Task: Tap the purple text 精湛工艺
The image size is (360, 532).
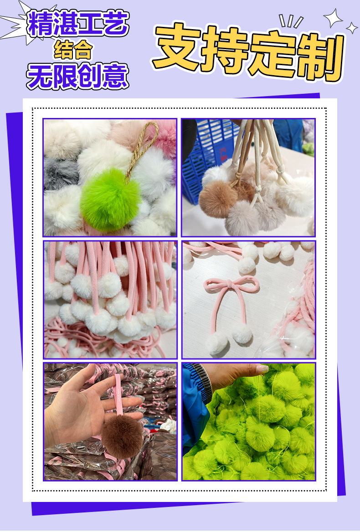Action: click(78, 24)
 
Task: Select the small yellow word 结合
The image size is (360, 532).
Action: click(73, 50)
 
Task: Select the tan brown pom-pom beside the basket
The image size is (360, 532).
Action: click(217, 199)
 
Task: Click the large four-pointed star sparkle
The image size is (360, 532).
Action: click(333, 18)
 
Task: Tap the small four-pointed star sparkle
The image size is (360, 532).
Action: click(351, 28)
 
